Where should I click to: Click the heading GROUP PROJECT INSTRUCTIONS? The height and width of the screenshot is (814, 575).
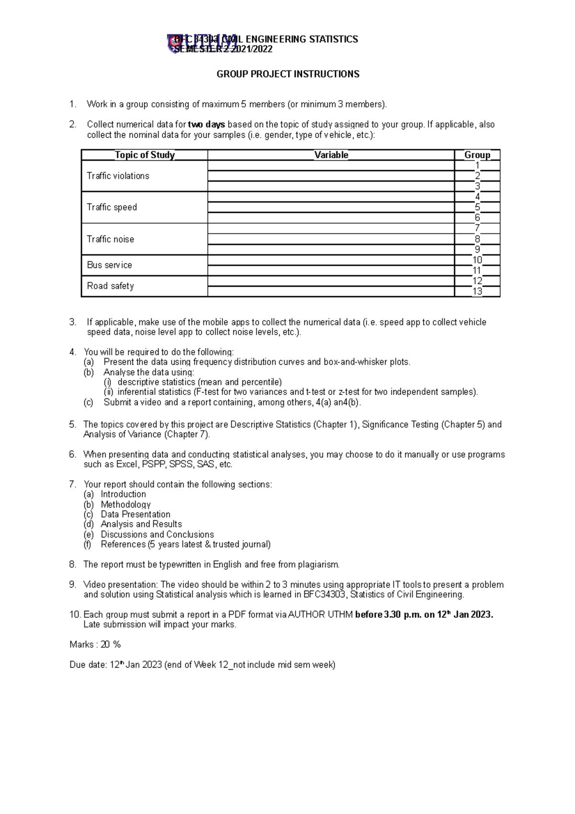[x=287, y=74]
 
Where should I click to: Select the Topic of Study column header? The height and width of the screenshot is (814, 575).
[x=144, y=155]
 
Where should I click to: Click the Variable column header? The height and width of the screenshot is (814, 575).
[x=331, y=155]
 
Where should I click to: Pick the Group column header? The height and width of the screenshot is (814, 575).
[x=477, y=155]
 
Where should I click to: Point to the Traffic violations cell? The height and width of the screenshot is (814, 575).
[x=118, y=176]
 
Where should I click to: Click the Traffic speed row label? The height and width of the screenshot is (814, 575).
[x=112, y=207]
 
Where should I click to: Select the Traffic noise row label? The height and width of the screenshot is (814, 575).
[x=110, y=239]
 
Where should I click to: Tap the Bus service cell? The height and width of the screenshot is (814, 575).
[x=109, y=265]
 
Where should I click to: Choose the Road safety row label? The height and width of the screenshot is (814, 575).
[x=110, y=286]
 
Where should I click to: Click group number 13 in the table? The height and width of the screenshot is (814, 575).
[x=477, y=291]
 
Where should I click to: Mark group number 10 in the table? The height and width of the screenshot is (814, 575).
[x=477, y=260]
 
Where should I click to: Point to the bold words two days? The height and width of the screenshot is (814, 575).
[x=207, y=125]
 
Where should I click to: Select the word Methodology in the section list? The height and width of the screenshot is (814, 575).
[x=126, y=504]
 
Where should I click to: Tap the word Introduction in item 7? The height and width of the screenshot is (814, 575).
[x=123, y=494]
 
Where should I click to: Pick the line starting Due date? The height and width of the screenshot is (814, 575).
[x=202, y=665]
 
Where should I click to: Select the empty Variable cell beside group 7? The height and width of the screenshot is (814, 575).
[x=331, y=229]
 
